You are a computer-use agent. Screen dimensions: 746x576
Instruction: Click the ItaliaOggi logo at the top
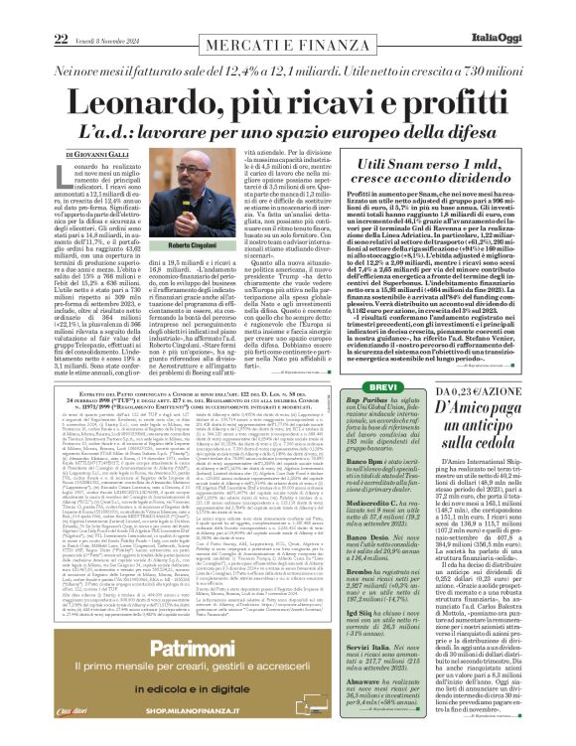(x=532, y=11)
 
